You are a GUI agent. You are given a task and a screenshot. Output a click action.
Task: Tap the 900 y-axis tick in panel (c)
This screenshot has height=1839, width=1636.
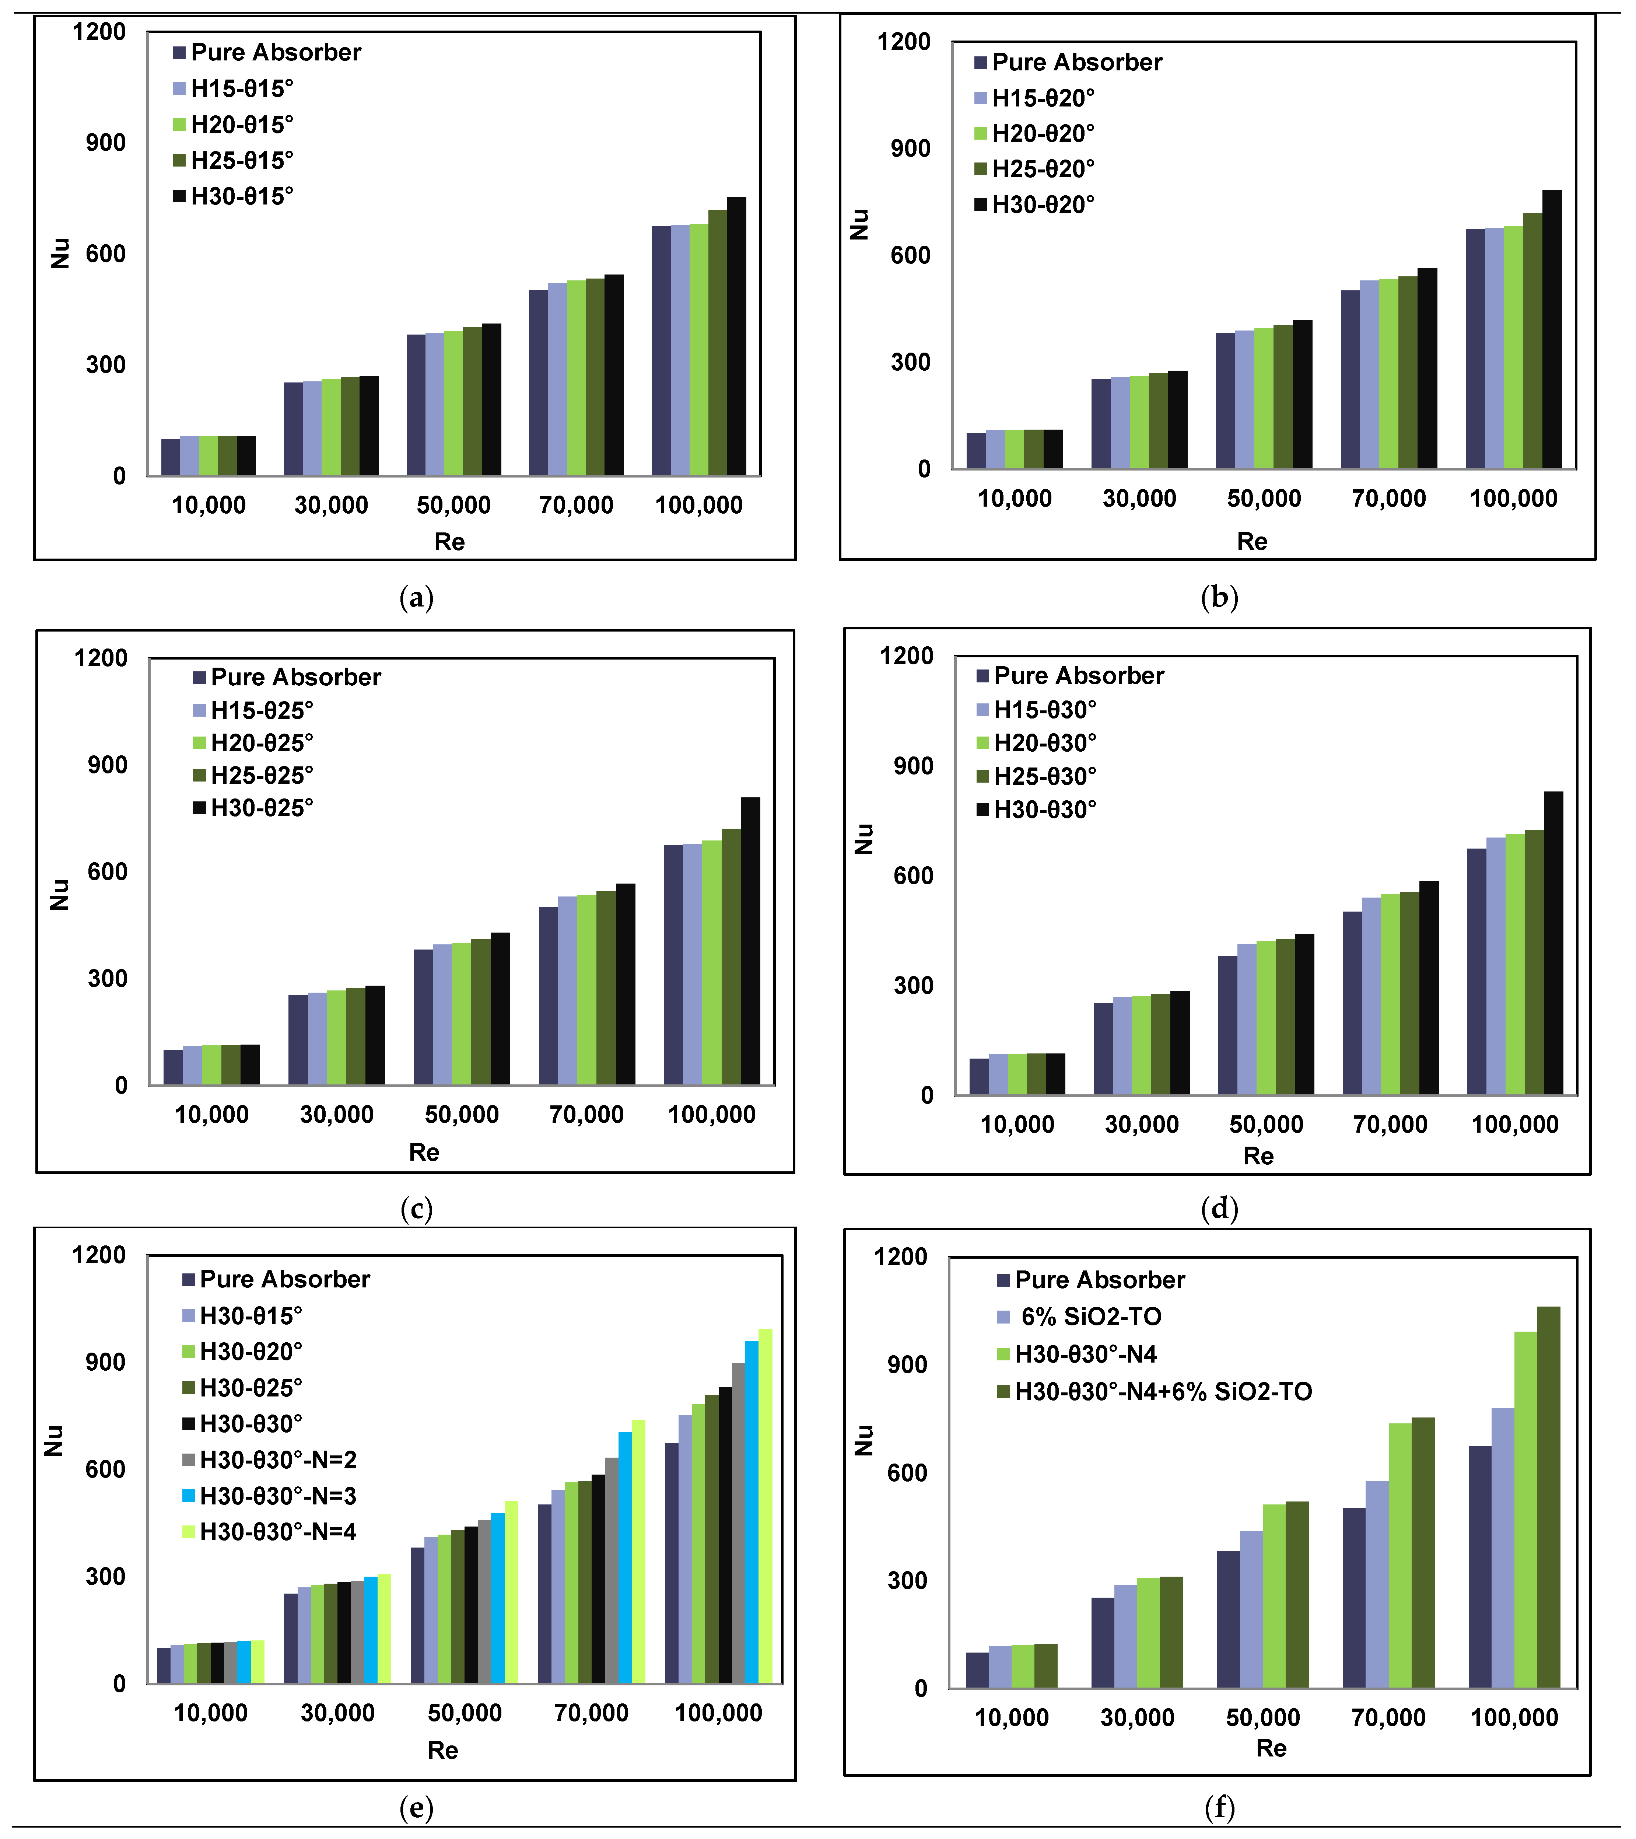pos(107,765)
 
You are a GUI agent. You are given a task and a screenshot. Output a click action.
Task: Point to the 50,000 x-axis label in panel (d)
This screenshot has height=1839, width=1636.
pos(1265,1125)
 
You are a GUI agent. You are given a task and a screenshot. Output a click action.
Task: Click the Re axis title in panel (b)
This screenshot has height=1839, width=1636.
pos(1252,542)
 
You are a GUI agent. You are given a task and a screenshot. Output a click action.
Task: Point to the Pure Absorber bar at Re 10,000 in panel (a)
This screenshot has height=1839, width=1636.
pos(170,457)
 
